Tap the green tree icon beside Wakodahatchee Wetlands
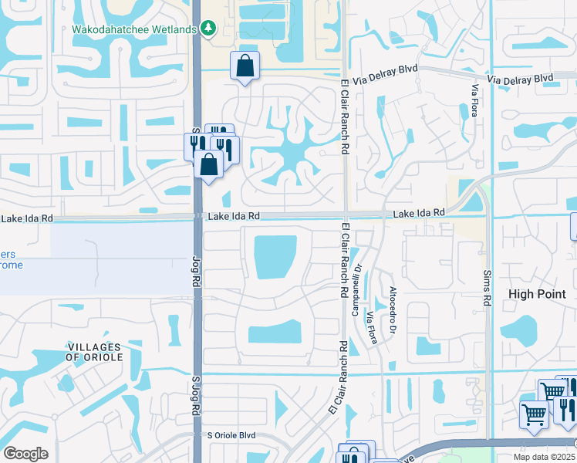click(x=208, y=29)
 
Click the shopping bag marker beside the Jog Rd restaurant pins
click(x=209, y=164)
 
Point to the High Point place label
click(x=537, y=294)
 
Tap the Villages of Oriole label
click(x=95, y=351)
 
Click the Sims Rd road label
click(x=488, y=286)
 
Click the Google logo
click(x=25, y=454)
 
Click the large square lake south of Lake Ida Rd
click(x=275, y=256)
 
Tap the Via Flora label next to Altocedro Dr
click(x=375, y=328)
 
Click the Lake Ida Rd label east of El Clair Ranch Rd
click(x=419, y=212)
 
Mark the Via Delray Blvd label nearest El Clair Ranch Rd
click(x=386, y=69)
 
